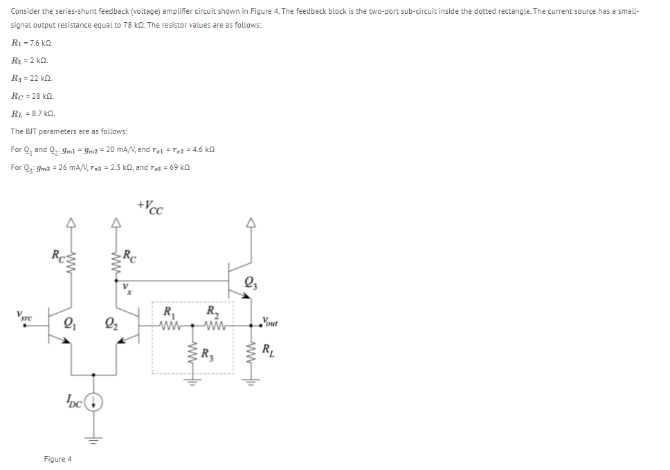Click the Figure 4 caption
pos(57,459)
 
